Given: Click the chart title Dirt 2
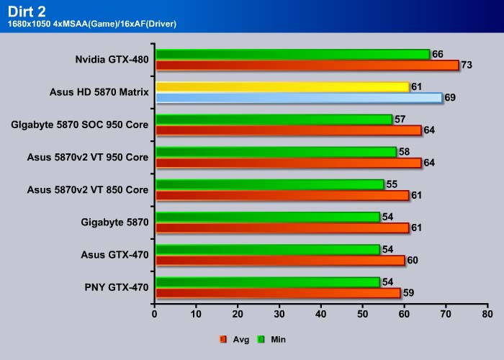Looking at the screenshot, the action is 27,12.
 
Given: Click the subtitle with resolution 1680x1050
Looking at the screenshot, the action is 92,24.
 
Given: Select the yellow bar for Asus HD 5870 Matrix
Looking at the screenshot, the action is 282,87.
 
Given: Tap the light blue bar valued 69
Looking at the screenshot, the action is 300,98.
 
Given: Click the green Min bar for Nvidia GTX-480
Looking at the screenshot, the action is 293,54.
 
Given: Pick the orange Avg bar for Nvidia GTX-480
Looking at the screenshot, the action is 307,66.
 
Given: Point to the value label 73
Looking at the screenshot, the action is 467,65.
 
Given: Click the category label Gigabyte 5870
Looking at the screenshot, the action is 114,222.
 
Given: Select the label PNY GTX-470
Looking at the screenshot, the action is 117,287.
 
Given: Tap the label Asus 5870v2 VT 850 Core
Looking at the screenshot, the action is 88,189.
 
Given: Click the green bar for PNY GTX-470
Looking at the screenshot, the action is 268,282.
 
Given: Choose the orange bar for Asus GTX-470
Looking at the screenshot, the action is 280,261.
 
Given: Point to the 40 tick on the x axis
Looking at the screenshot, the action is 321,314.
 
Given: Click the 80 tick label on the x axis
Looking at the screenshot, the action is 487,314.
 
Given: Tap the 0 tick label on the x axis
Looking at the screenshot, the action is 155,314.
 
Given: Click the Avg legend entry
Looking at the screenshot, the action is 235,339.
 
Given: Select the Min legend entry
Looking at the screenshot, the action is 271,339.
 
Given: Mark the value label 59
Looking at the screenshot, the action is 408,293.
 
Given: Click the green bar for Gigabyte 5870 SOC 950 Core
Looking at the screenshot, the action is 274,120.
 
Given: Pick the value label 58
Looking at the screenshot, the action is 405,152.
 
